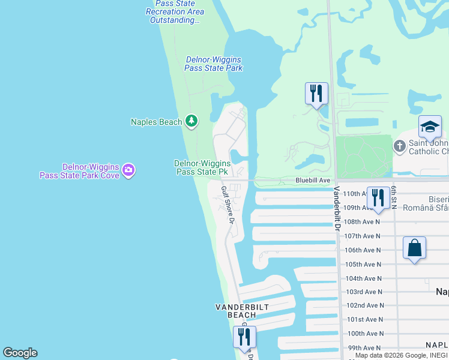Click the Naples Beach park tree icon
pos(191,122)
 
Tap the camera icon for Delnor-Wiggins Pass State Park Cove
pos(128,170)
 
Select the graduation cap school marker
pos(430,127)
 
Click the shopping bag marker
pos(414,248)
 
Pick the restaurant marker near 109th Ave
pos(378,197)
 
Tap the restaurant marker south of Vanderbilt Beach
pos(244,337)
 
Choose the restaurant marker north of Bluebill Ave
pos(316,94)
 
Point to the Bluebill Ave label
pos(313,180)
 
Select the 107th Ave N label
pos(363,236)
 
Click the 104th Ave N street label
pos(364,278)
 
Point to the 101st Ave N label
pos(365,319)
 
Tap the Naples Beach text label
pos(156,122)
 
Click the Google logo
pos(20,353)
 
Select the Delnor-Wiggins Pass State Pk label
pos(201,167)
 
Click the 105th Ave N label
pos(363,264)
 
